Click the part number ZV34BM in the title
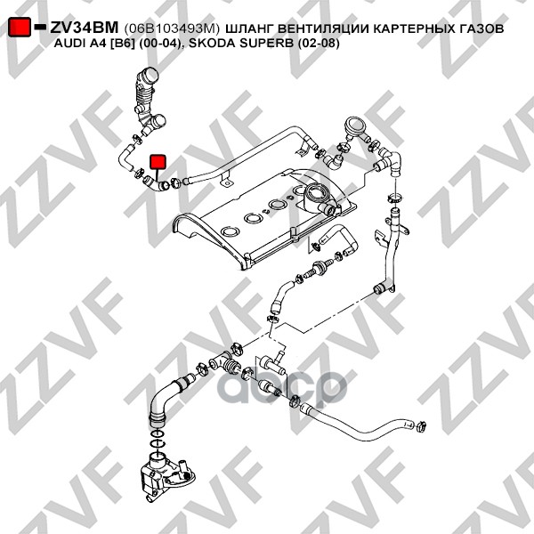pos(84,28)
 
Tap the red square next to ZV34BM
pos(19,28)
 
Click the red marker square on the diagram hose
pos(158,162)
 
